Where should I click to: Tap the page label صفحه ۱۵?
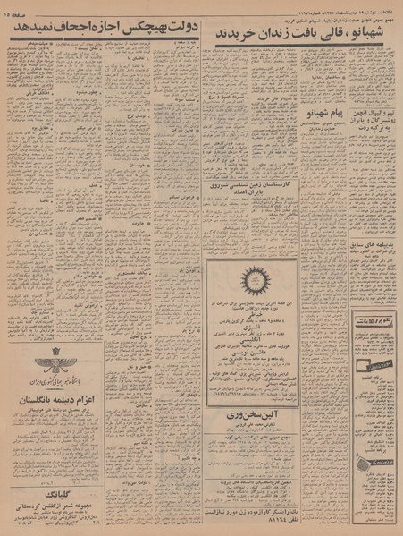click(x=22, y=10)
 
